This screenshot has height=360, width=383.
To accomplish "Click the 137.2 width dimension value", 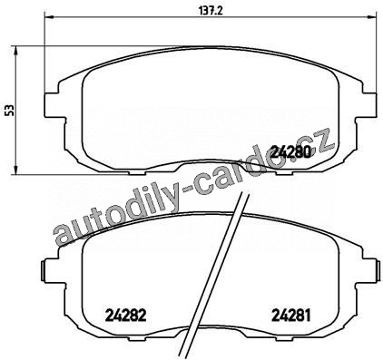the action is [211, 11].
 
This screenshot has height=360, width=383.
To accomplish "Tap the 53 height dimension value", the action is [10, 111].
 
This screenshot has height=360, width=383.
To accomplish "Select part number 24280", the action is [290, 151].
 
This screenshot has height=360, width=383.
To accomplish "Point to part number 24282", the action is [126, 316].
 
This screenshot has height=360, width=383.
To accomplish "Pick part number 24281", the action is [291, 316].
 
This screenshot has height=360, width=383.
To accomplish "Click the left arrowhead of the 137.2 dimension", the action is [49, 17].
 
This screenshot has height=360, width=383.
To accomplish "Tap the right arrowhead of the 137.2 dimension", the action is [372, 17].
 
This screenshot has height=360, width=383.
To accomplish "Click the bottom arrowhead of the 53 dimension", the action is [16, 170].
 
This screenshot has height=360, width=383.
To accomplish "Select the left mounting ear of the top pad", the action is [54, 105].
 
